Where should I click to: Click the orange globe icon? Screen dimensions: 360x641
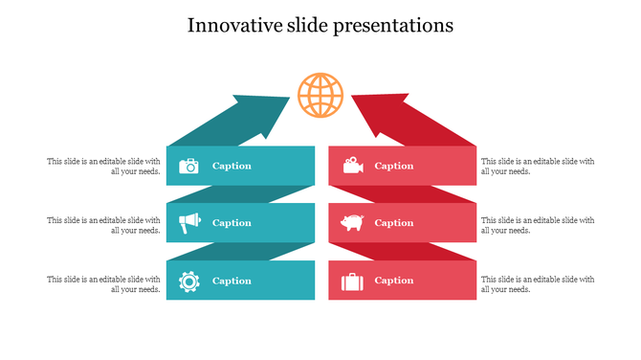pyautogui.click(x=320, y=95)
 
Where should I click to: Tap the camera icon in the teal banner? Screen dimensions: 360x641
pyautogui.click(x=188, y=166)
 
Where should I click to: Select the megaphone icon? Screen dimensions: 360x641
pyautogui.click(x=188, y=223)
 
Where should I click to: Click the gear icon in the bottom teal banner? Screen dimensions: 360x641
pyautogui.click(x=188, y=281)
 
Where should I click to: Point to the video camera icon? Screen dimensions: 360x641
pyautogui.click(x=353, y=166)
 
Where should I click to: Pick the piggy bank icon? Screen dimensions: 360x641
pyautogui.click(x=353, y=223)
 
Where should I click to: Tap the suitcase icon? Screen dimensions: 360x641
pyautogui.click(x=353, y=281)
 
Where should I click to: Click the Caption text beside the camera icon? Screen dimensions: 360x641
pyautogui.click(x=232, y=166)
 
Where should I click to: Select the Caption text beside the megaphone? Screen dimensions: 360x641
pyautogui.click(x=232, y=223)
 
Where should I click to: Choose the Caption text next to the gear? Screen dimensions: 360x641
pyautogui.click(x=232, y=281)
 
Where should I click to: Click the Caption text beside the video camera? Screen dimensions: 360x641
pyautogui.click(x=394, y=166)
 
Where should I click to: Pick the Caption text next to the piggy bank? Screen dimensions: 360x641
pyautogui.click(x=394, y=223)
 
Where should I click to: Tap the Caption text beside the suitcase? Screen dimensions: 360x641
pyautogui.click(x=394, y=281)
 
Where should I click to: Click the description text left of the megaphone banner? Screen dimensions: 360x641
pyautogui.click(x=103, y=225)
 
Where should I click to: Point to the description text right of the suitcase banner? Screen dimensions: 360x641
pyautogui.click(x=537, y=283)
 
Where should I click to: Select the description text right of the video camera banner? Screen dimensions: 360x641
pyautogui.click(x=537, y=167)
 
